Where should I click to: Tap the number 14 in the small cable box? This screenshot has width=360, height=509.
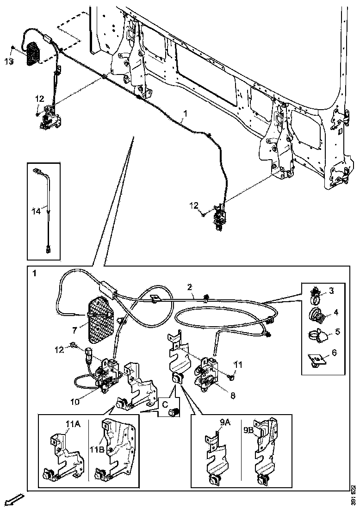[x=37, y=211]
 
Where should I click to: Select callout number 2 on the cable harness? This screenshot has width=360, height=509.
[x=190, y=287]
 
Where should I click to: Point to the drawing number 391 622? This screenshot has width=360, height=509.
[x=353, y=495]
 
